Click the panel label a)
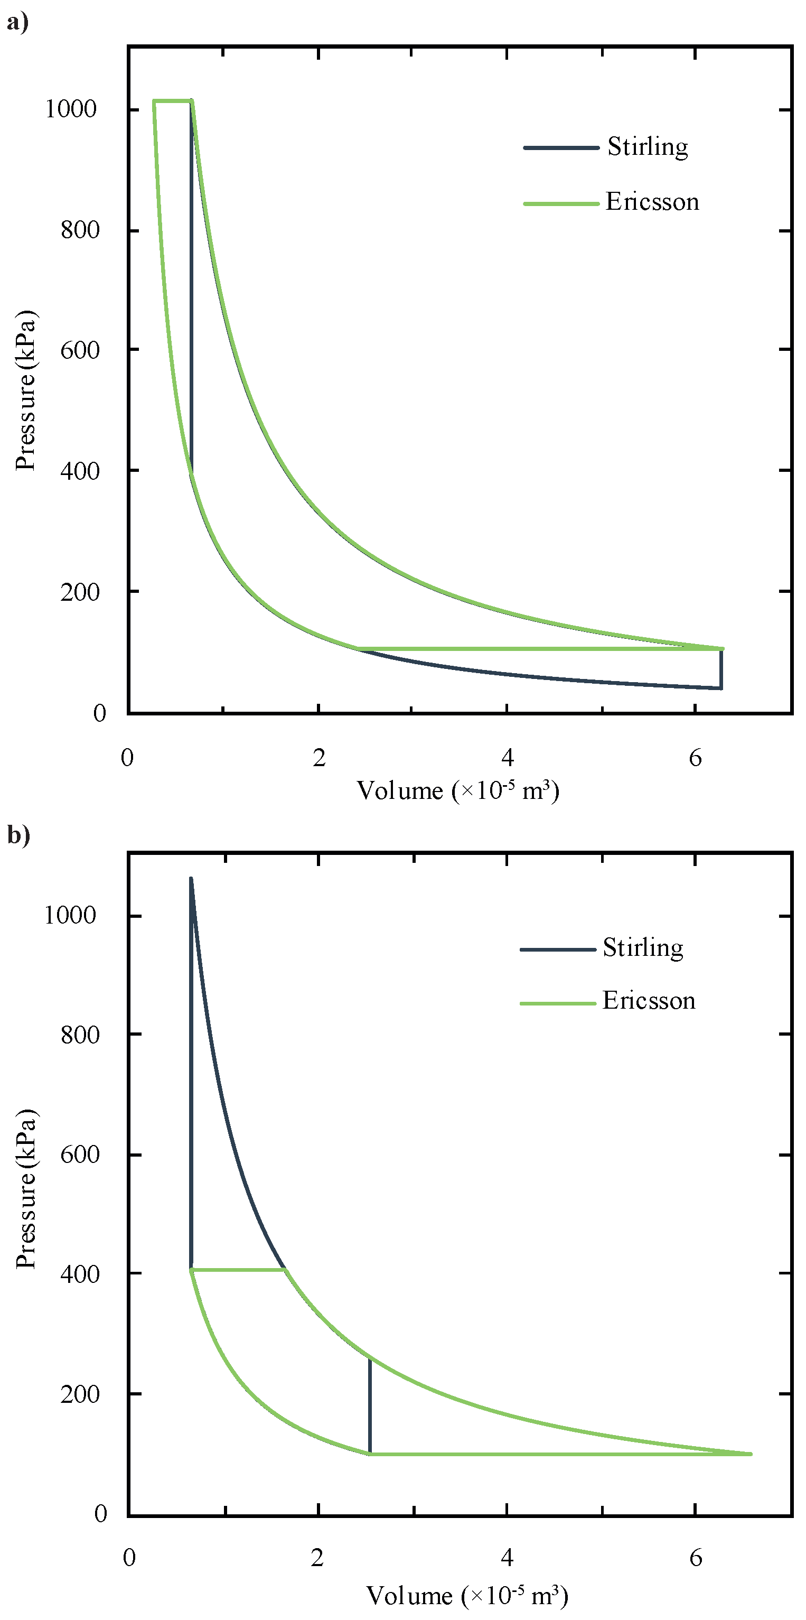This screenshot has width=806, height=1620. [x=17, y=23]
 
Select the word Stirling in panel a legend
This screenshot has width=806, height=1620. [x=647, y=147]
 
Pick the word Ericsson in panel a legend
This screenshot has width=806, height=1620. [x=652, y=202]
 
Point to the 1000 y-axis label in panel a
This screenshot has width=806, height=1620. [x=70, y=109]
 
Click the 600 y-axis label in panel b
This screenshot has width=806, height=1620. [x=80, y=1155]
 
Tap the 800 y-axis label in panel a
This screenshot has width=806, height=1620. [x=80, y=230]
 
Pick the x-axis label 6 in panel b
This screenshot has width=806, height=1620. [x=696, y=1558]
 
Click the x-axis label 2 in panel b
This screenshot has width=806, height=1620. [x=317, y=1558]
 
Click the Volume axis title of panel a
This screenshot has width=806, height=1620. [x=458, y=790]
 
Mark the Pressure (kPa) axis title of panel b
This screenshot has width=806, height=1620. [x=26, y=1189]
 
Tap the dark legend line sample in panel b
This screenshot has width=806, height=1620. [x=558, y=949]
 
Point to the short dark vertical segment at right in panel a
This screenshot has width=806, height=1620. [x=720, y=669]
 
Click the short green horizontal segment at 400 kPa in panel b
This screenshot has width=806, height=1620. [x=239, y=1270]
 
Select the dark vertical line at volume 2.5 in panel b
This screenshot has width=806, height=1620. [x=370, y=1405]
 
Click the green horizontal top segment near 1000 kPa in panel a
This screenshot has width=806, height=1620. [x=172, y=100]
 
